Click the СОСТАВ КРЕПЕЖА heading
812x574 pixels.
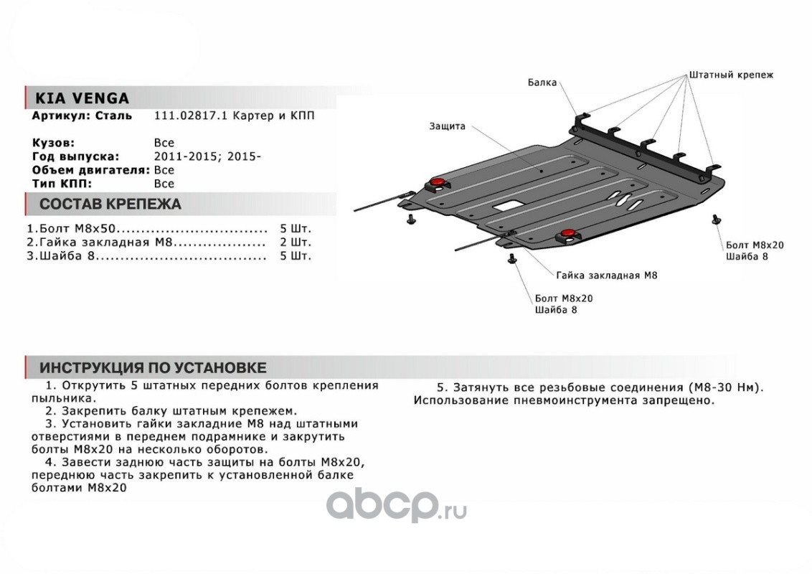tap(109, 204)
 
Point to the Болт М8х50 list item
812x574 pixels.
tap(72, 229)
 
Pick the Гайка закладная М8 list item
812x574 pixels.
tap(101, 242)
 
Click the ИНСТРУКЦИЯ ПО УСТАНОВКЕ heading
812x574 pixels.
tap(152, 367)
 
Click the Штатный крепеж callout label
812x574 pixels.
tap(731, 75)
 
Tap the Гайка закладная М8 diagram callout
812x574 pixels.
tap(606, 275)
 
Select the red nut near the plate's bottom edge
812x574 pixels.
tap(567, 233)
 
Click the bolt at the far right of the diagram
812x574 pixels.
tap(715, 219)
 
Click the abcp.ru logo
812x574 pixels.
tap(397, 507)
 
